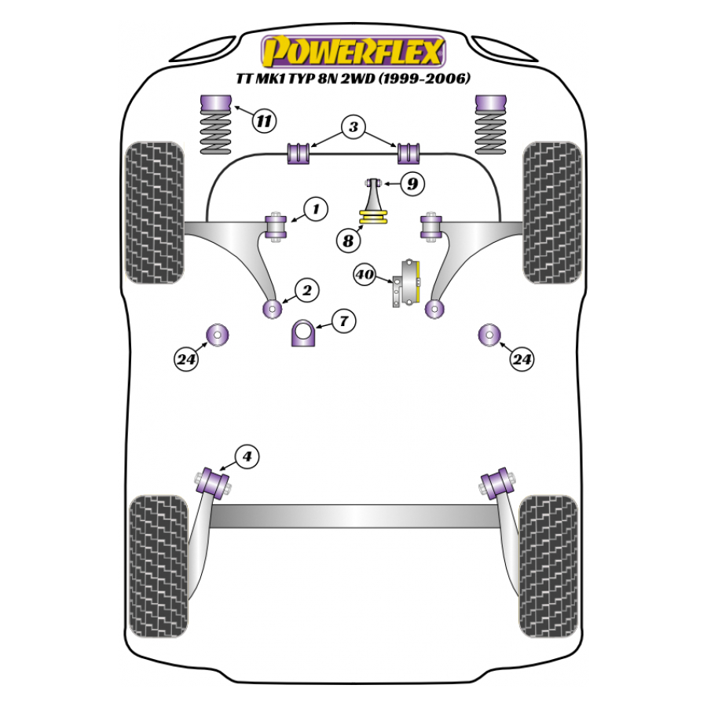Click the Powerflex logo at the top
coord(353,52)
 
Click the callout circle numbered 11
coord(265,121)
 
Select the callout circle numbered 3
coord(353,126)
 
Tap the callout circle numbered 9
coord(412,184)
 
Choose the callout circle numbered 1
coord(315,209)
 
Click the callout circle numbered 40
coord(364,276)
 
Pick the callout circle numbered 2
coord(306,291)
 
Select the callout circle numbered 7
coord(343,321)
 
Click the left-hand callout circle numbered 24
coord(186,360)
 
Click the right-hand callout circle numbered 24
coord(522,360)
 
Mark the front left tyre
coord(155,212)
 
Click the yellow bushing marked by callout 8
coord(374,218)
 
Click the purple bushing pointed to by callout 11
coord(215,104)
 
